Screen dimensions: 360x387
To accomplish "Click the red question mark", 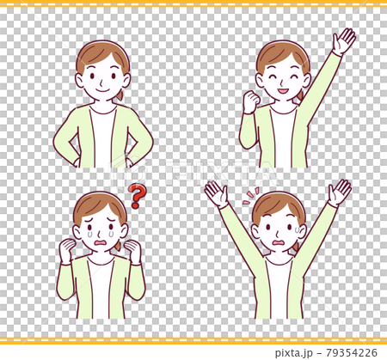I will pos(135,197).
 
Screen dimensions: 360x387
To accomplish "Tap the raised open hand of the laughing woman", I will pos(344,40).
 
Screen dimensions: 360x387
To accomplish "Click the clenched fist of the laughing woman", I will pos(251,102).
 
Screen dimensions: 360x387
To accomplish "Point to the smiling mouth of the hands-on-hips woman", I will pos(103,89).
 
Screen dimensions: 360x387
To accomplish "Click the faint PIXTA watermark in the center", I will pos(193,172).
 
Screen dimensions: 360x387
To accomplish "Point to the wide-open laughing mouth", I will pos(284,89).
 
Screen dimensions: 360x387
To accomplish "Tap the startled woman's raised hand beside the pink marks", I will pos(215,194).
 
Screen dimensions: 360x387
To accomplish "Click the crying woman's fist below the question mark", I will pos(132,251).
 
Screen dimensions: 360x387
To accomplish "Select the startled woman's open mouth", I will pos(278,241).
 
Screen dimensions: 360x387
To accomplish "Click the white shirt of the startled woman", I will pos(278,288).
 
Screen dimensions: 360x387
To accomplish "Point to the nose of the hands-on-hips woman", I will pos(102,80).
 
